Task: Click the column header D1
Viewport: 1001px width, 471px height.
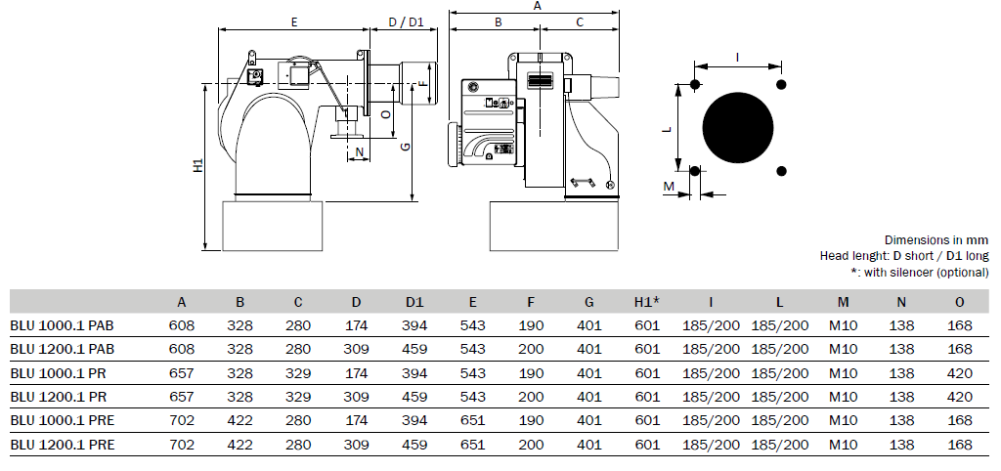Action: tap(414, 302)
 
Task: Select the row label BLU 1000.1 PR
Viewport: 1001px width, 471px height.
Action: tap(58, 373)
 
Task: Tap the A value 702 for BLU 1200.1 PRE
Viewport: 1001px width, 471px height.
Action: tap(182, 445)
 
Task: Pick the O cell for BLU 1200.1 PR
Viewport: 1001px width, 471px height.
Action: tap(960, 397)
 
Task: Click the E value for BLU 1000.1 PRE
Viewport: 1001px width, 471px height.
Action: tap(472, 420)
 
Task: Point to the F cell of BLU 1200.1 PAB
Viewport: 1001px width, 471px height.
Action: tap(531, 350)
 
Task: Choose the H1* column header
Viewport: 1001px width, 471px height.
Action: tap(647, 302)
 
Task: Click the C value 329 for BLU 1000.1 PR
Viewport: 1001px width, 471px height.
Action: tap(298, 373)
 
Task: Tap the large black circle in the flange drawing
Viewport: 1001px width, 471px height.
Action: tap(738, 128)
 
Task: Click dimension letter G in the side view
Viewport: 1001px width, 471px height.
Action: tap(405, 147)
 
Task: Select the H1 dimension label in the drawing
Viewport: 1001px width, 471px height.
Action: tap(198, 166)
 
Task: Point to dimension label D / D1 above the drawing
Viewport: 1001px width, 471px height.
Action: tap(406, 22)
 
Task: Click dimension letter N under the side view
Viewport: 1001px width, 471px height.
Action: tap(360, 151)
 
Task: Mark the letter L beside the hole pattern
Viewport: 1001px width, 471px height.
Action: tap(667, 129)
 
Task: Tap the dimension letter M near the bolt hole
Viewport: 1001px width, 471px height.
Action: tap(669, 187)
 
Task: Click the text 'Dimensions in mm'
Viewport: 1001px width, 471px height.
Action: tap(936, 240)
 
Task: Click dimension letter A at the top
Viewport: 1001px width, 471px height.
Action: tap(537, 6)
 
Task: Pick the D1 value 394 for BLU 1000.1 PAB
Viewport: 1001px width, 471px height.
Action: tap(414, 326)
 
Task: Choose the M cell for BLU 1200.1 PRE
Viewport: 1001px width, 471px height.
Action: tap(843, 445)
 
